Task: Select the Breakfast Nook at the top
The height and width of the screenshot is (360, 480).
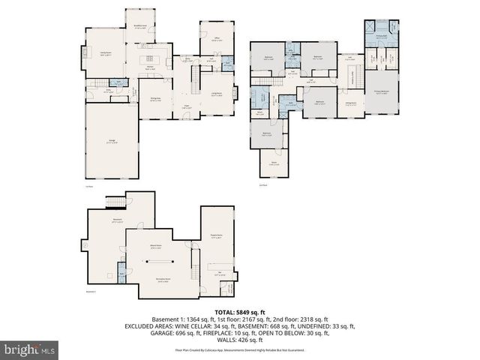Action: [x=139, y=27]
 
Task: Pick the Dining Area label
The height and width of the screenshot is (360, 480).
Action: [x=154, y=99]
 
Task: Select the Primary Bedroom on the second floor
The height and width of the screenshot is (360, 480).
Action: [x=381, y=91]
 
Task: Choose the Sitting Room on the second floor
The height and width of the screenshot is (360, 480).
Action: [x=350, y=104]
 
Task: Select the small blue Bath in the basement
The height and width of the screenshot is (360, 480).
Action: [x=120, y=276]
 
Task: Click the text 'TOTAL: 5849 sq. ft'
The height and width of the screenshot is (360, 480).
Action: [x=240, y=311]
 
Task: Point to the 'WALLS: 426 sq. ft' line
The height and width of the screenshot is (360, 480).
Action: [x=240, y=340]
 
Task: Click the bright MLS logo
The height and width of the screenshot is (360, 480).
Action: [x=30, y=349]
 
